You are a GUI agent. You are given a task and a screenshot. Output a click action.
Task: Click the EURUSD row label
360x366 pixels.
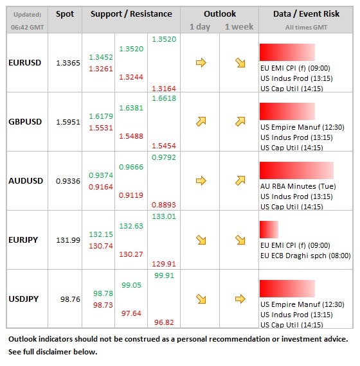pyautogui.click(x=25, y=62)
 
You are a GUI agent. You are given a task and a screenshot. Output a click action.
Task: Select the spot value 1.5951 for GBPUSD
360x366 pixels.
pyautogui.click(x=68, y=122)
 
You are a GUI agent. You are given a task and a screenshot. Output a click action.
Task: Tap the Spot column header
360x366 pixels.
pyautogui.click(x=65, y=14)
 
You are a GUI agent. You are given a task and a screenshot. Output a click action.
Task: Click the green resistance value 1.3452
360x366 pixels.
pyautogui.click(x=101, y=57)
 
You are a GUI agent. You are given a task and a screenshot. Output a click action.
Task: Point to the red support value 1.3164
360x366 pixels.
pyautogui.click(x=164, y=89)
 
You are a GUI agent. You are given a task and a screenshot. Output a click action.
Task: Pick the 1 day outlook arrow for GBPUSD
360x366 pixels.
pyautogui.click(x=201, y=121)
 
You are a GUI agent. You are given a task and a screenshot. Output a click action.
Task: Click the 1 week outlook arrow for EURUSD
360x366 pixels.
pyautogui.click(x=240, y=63)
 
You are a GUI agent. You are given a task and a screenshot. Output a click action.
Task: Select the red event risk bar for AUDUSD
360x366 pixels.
pyautogui.click(x=296, y=170)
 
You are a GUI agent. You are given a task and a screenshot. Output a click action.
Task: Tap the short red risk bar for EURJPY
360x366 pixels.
pyautogui.click(x=269, y=229)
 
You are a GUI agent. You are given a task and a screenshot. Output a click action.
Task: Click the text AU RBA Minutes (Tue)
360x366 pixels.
pyautogui.click(x=298, y=186)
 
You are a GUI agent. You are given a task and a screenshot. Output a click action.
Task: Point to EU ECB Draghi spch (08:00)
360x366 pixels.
pyautogui.click(x=305, y=256)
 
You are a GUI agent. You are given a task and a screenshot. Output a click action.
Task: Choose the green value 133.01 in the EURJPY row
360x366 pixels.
pyautogui.click(x=164, y=216)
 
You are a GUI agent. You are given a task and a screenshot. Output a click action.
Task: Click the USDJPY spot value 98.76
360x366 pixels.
pyautogui.click(x=70, y=299)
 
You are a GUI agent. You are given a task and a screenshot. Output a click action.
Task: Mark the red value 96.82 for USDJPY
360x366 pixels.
pyautogui.click(x=164, y=322)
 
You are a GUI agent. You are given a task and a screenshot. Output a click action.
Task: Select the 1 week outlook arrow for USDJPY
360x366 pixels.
pyautogui.click(x=240, y=299)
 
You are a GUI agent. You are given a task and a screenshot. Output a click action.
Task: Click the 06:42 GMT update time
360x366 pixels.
pyautogui.click(x=28, y=28)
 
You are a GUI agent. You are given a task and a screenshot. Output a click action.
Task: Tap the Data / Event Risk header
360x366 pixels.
pyautogui.click(x=306, y=13)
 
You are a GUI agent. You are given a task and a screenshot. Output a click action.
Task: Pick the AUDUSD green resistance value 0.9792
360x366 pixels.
pyautogui.click(x=164, y=157)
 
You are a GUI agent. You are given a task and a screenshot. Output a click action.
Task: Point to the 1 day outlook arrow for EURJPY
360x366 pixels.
pyautogui.click(x=201, y=240)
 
